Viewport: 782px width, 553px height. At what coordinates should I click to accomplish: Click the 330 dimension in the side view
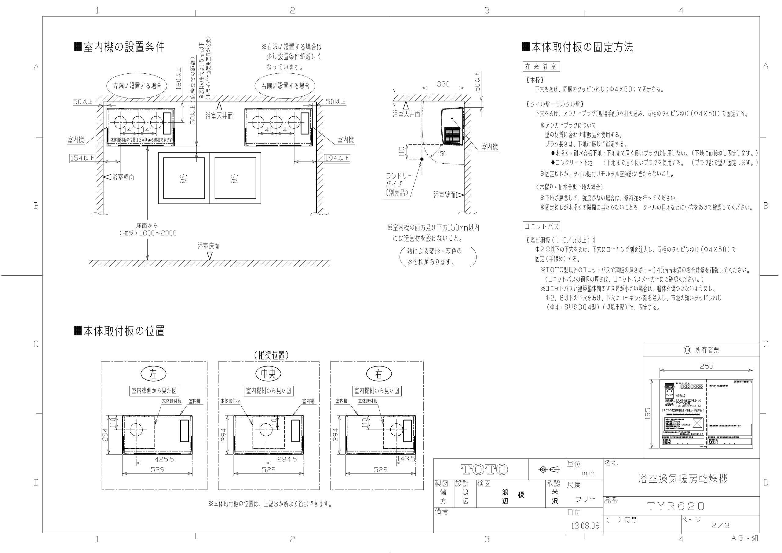(x=443, y=84)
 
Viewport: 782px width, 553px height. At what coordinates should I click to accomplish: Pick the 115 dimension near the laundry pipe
(x=402, y=151)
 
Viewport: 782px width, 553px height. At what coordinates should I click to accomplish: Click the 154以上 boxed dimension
(x=82, y=158)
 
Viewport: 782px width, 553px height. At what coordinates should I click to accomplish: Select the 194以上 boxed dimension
(x=337, y=158)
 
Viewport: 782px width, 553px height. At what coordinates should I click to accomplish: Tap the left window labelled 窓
(x=184, y=178)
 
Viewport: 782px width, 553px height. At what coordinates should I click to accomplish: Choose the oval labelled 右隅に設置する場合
(x=285, y=86)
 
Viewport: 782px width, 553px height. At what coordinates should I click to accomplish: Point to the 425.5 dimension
(x=165, y=459)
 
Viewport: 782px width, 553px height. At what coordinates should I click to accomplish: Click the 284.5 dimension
(x=287, y=459)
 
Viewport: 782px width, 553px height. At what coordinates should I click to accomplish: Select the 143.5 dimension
(x=406, y=459)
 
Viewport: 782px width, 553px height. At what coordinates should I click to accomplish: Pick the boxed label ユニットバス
(x=541, y=227)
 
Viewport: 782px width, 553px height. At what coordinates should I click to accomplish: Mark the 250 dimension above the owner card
(x=706, y=366)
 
